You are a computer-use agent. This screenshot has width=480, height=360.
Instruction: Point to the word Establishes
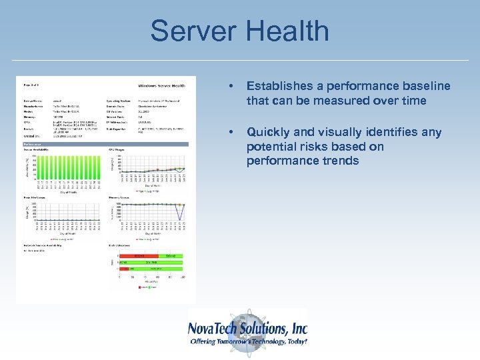coord(279,86)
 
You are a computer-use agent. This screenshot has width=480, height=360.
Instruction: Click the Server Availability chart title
coord(38,150)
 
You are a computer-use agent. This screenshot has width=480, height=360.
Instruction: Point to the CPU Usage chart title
coord(118,150)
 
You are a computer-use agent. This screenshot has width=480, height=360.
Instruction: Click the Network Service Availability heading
coord(43,245)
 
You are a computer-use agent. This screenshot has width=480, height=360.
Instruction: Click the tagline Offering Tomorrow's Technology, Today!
coord(248,341)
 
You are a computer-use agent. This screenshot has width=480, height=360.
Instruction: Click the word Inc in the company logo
coord(299,328)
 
